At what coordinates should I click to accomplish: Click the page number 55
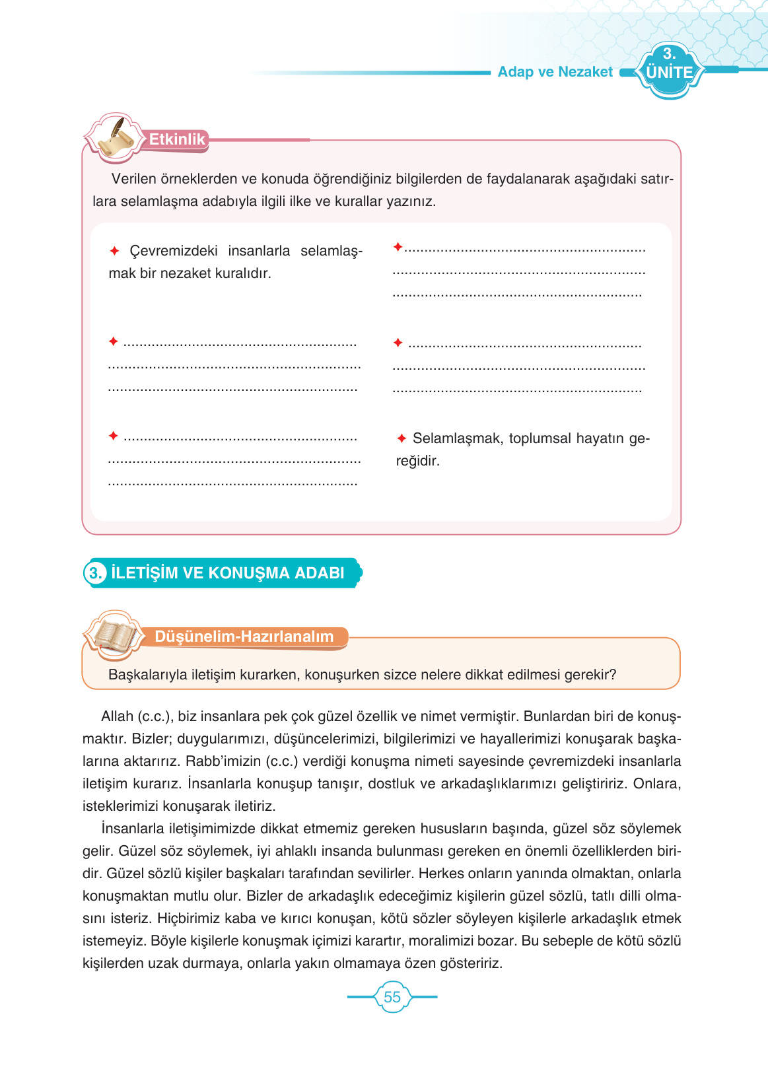[392, 997]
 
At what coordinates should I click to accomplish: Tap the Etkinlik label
[176, 139]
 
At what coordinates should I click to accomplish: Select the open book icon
[114, 635]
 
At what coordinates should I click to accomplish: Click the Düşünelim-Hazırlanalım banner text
[244, 637]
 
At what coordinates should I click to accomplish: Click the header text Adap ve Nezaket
[555, 72]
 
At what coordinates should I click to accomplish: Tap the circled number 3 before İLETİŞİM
[95, 572]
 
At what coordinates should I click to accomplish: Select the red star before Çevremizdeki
[114, 251]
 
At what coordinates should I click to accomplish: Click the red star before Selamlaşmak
[401, 438]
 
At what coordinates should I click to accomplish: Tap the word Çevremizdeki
[173, 251]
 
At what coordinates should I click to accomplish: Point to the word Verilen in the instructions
[134, 179]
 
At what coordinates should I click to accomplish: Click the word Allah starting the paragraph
[117, 716]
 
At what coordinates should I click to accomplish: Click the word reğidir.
[417, 461]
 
